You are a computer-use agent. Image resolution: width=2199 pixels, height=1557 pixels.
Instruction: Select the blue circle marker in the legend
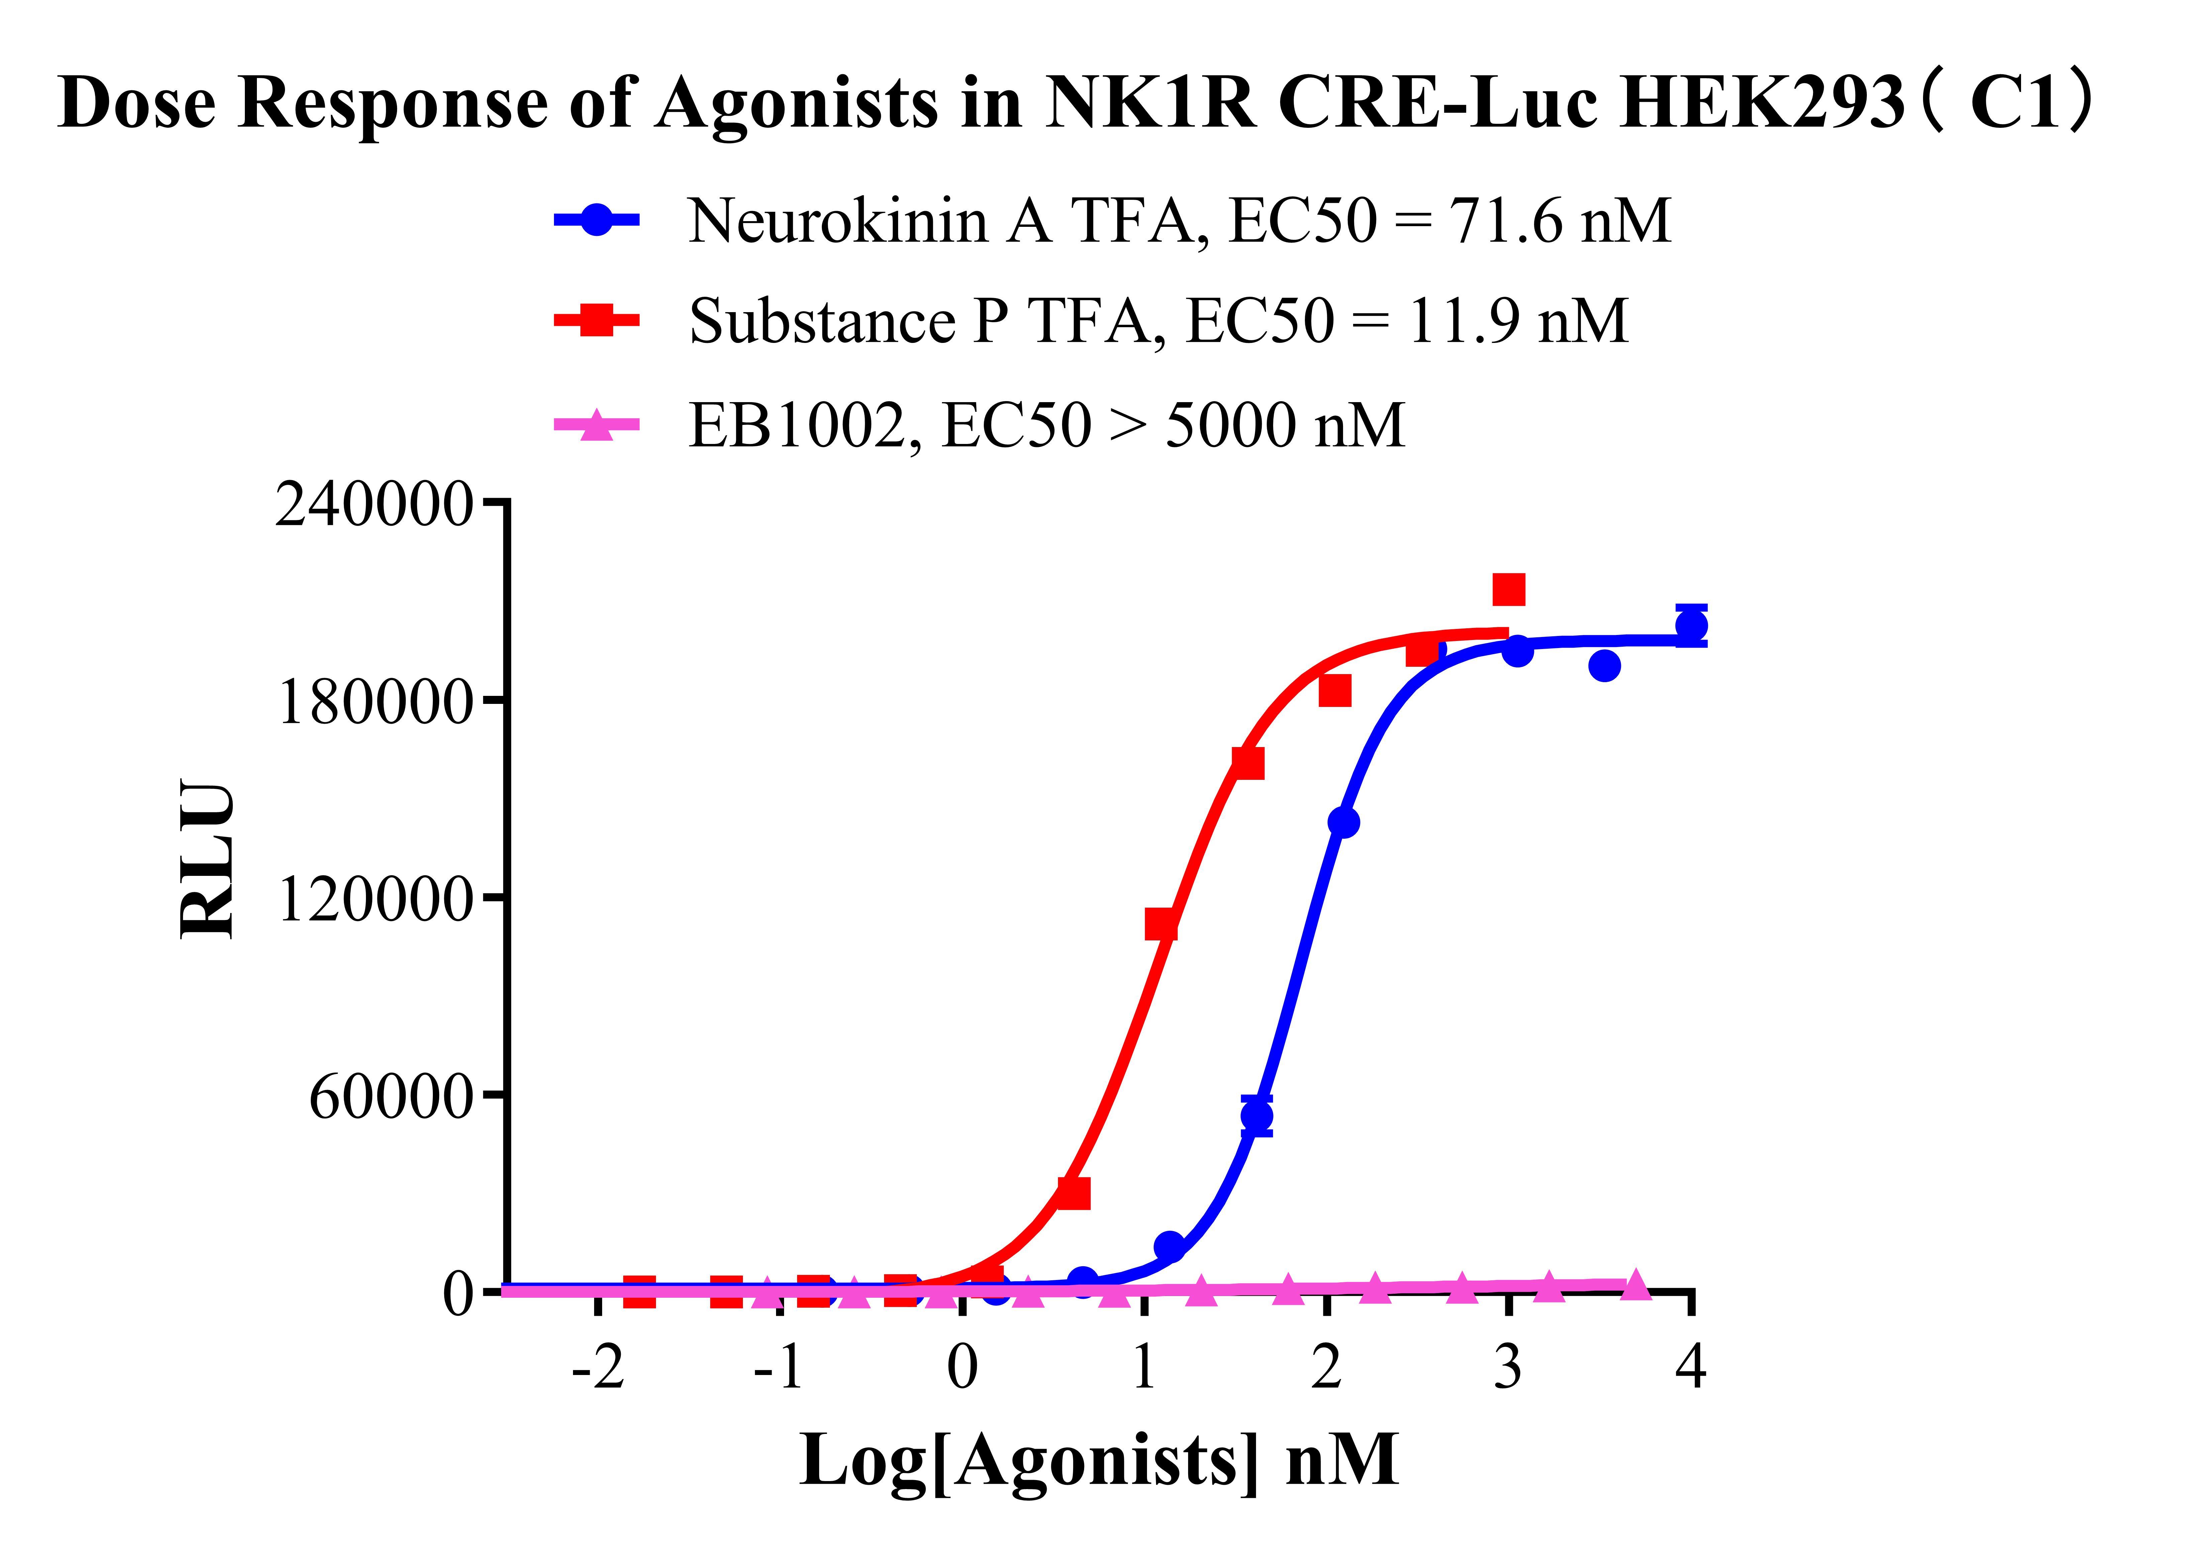[x=596, y=219]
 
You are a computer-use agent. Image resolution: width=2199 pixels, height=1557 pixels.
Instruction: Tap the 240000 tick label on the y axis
[x=374, y=504]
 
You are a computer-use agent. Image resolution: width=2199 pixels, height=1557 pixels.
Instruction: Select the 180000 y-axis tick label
[x=374, y=703]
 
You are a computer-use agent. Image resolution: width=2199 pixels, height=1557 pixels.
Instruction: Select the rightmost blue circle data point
[x=1691, y=626]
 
